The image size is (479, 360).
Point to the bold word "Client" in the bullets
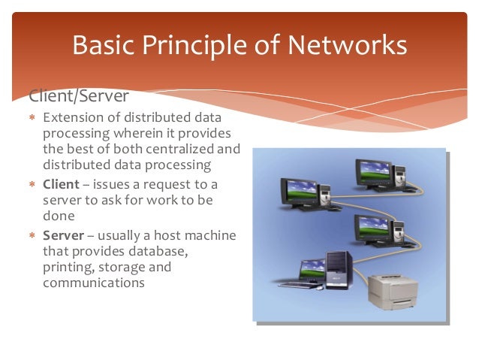click(63, 186)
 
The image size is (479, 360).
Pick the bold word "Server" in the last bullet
click(65, 235)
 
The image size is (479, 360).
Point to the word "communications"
click(95, 283)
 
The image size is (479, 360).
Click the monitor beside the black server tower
click(312, 270)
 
